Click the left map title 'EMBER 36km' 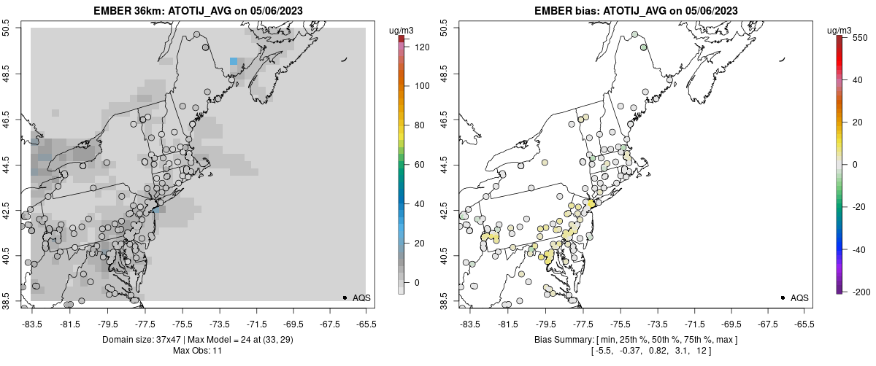click(127, 11)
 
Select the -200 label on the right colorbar click(859, 292)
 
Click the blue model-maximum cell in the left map click(233, 62)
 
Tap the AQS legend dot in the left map click(345, 297)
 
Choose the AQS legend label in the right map click(799, 297)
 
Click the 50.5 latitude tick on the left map click(16, 28)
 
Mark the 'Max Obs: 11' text click(198, 351)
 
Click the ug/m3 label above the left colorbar click(402, 30)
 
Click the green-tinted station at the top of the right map click(643, 47)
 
